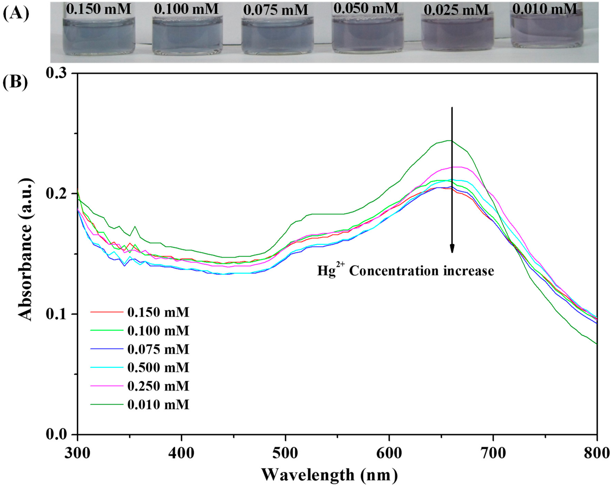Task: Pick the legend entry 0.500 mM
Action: point(158,367)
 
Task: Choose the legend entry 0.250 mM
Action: point(158,386)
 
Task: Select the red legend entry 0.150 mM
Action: point(158,312)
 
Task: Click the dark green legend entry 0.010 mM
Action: point(158,404)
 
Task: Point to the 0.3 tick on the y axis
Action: point(58,73)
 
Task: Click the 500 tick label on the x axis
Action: point(285,453)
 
